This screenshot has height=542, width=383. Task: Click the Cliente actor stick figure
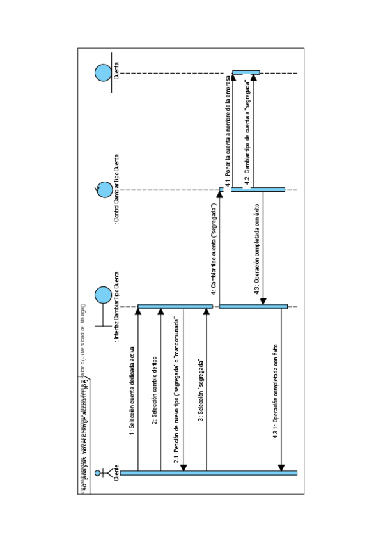pos(102,474)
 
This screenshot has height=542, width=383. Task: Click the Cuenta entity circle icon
pos(102,72)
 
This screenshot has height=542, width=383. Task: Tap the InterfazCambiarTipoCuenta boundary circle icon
pos(102,295)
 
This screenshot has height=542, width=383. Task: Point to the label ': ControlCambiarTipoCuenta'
pos(116,189)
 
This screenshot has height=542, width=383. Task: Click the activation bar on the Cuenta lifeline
pos(246,72)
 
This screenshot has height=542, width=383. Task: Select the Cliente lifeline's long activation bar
pos(208,472)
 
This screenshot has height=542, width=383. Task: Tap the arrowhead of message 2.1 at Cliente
pos(184,467)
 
